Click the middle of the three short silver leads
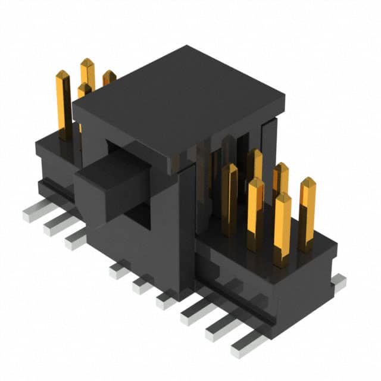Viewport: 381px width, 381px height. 142,285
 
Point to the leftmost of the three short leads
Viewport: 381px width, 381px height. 118,271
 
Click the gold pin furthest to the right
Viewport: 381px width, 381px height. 307,211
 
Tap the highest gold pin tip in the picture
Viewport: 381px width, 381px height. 88,64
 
